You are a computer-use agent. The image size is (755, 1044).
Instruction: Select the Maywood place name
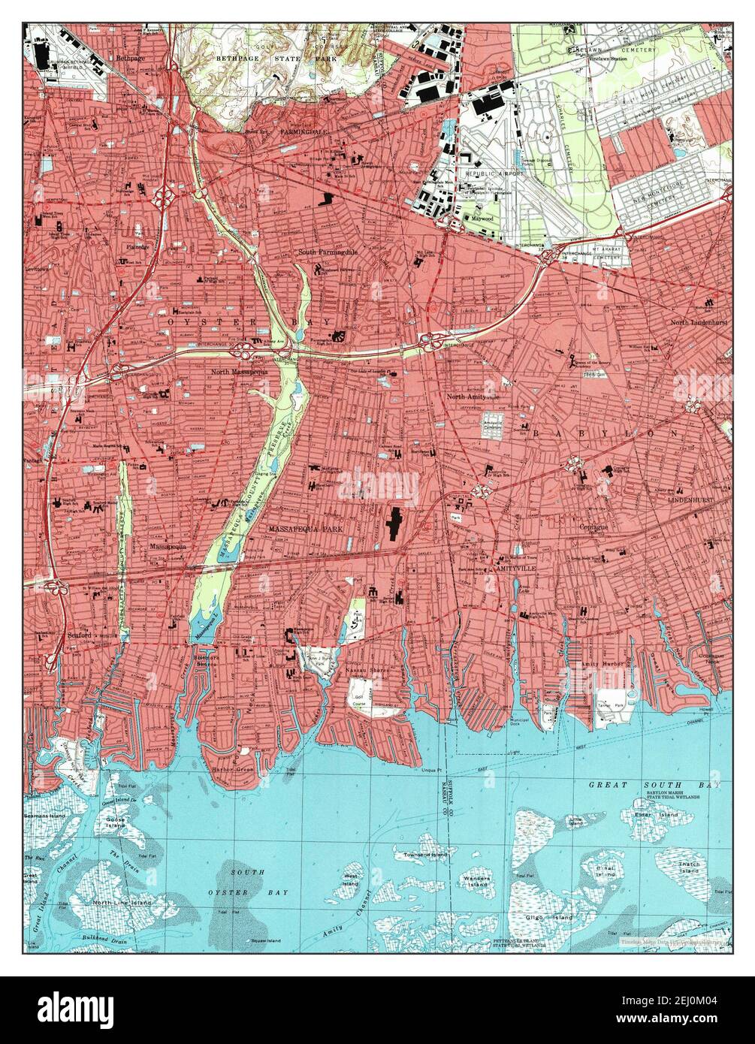(x=482, y=219)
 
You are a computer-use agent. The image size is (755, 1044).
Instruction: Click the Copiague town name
(x=593, y=527)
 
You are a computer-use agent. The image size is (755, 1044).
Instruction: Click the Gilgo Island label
(x=554, y=917)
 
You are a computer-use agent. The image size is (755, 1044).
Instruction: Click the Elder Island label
(x=646, y=814)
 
